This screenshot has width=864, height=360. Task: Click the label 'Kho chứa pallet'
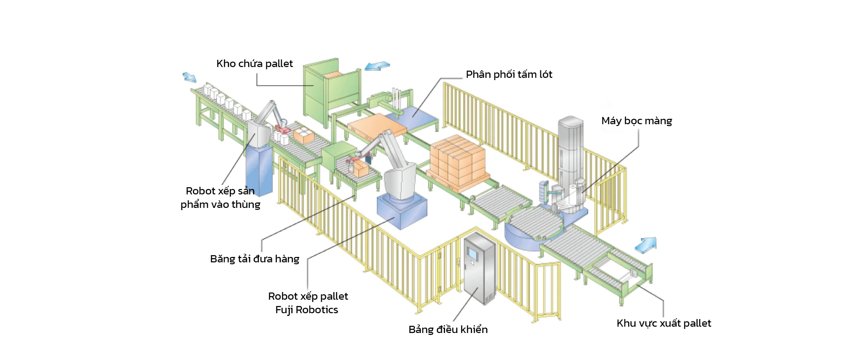tap(254, 64)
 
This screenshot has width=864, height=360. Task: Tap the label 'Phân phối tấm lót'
tap(508, 75)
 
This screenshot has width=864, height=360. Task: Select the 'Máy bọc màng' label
tap(636, 121)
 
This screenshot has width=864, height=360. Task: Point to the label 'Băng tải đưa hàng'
tap(254, 259)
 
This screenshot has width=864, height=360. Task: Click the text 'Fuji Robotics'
tap(306, 310)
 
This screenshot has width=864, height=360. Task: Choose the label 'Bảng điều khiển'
tap(448, 330)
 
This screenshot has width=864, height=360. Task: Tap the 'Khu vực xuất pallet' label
tap(663, 324)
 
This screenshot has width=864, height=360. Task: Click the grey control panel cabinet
tap(479, 270)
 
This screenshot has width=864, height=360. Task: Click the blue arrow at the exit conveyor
tap(646, 245)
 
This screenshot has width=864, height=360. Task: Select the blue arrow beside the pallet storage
tap(377, 67)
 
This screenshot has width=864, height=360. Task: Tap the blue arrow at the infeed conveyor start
tap(189, 77)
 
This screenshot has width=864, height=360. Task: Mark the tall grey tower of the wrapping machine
tap(570, 148)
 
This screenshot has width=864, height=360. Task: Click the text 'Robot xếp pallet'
tap(308, 297)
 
